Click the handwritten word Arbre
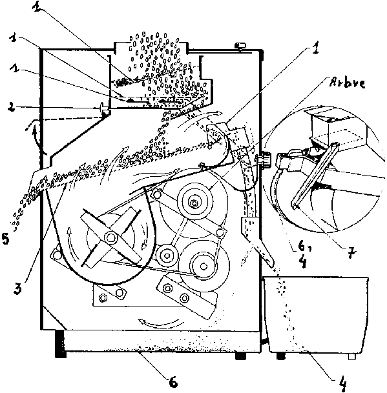tap(348, 83)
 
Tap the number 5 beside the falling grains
tap(6, 238)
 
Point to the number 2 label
tap(12, 107)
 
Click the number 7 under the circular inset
tap(352, 252)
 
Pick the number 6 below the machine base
tap(173, 382)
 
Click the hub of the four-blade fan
tap(110, 237)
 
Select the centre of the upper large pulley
tap(194, 203)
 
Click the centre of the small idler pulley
tap(167, 256)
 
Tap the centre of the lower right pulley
tap(204, 267)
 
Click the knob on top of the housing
tap(240, 46)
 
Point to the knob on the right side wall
tap(265, 159)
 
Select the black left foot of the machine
tap(61, 344)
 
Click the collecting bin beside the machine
tap(316, 314)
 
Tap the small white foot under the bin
tap(352, 356)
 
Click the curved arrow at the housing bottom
tap(159, 323)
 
